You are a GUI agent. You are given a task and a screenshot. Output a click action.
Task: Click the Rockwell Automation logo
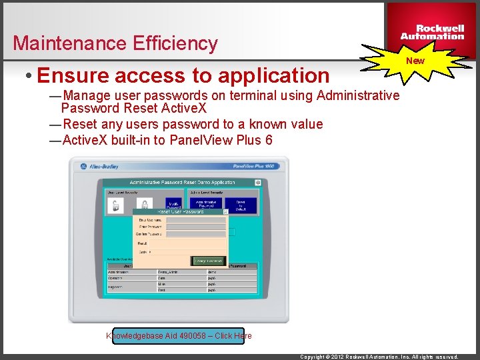click(432, 32)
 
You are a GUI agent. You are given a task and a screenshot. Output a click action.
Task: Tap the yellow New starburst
click(415, 61)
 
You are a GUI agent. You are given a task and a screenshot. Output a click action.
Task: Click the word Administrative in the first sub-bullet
click(358, 95)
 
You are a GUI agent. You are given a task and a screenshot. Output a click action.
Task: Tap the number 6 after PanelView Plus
click(268, 140)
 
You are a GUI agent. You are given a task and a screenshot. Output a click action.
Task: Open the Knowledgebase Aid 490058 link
click(179, 335)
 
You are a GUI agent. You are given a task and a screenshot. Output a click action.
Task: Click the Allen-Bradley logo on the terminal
click(101, 167)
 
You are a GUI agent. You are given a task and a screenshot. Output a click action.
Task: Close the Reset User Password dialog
click(225, 212)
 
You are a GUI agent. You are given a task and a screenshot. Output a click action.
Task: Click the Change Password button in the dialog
click(209, 261)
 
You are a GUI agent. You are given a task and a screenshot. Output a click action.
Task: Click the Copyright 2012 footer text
click(379, 357)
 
